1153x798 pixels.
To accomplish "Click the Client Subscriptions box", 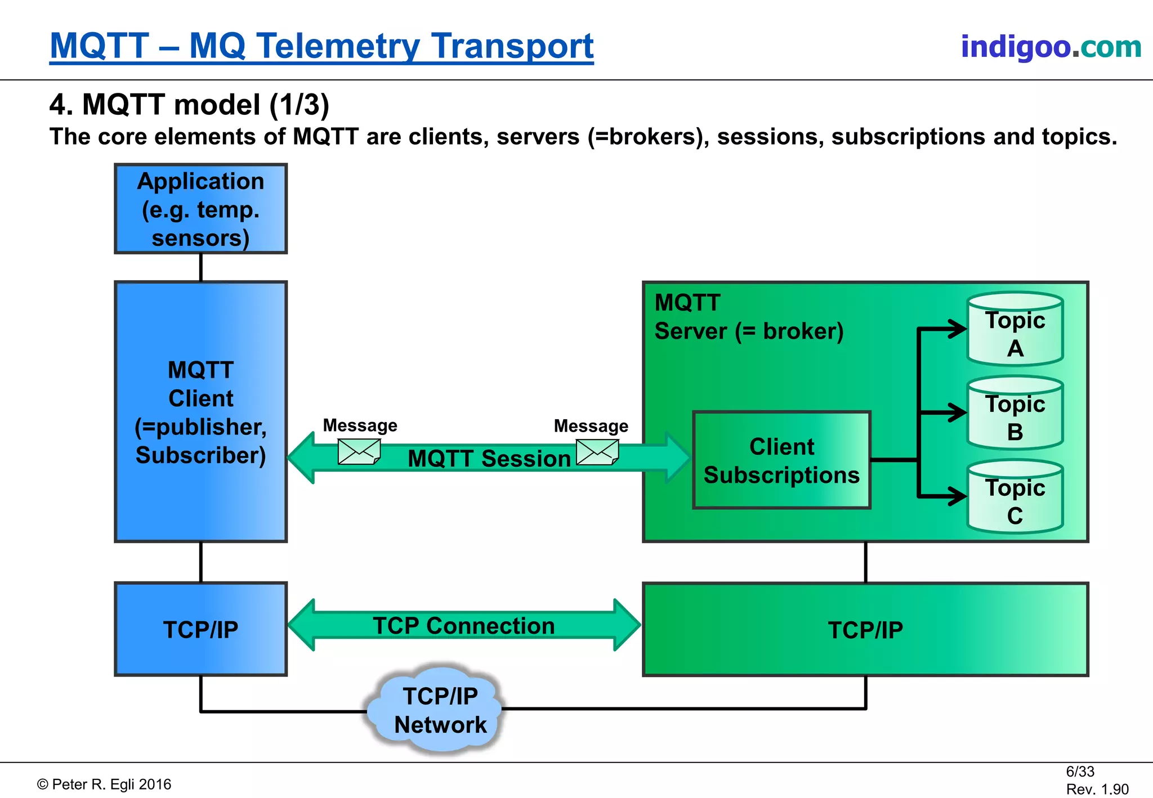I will coord(781,460).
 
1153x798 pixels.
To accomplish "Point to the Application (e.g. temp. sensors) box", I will coord(200,209).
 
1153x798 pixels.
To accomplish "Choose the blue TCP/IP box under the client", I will coord(200,629).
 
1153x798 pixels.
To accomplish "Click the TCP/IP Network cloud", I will coord(440,710).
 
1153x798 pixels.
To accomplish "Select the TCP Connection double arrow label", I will coord(463,626).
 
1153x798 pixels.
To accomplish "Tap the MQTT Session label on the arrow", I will coord(489,459).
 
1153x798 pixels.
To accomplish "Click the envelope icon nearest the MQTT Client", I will coord(359,451).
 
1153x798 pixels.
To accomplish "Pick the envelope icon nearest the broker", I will coord(597,452).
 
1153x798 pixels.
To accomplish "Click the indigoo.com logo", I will coord(1051,46).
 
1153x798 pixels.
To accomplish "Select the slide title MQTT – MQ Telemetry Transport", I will coord(321,46).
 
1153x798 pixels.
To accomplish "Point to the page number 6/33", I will coord(1080,772).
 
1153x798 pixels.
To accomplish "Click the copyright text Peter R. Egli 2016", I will coord(105,784).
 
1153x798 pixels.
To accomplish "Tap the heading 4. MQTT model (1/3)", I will coord(189,105).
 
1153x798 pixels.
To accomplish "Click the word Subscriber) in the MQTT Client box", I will coord(200,455).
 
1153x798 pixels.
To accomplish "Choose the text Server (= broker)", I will coord(749,331).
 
